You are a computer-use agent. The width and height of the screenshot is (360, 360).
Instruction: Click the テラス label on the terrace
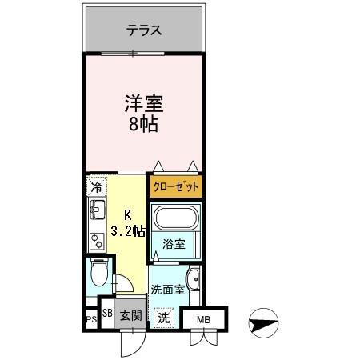[x=144, y=31]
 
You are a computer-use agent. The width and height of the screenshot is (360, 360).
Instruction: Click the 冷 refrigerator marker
[x=96, y=189]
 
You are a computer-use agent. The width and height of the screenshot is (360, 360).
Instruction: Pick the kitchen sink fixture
[x=97, y=213]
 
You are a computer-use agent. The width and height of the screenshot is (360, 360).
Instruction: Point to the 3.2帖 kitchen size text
[x=129, y=231]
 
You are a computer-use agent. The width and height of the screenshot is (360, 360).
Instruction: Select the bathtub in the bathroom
[x=176, y=219]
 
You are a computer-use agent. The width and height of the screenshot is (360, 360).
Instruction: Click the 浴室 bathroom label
[x=174, y=244]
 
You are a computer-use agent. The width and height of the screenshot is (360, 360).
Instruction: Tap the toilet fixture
[x=97, y=274]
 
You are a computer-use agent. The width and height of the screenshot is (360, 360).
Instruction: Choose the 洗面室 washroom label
[x=168, y=290]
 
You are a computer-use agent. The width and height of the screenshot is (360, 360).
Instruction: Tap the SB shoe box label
[x=107, y=313]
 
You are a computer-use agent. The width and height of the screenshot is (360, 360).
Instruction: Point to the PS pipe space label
[x=90, y=320]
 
